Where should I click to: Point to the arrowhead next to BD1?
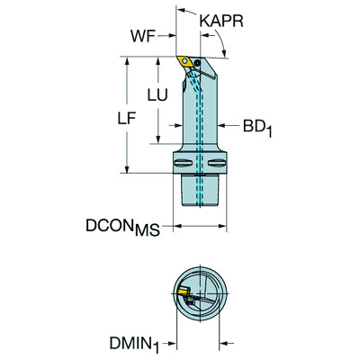coord(228,127)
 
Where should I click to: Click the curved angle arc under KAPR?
coord(219,40)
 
